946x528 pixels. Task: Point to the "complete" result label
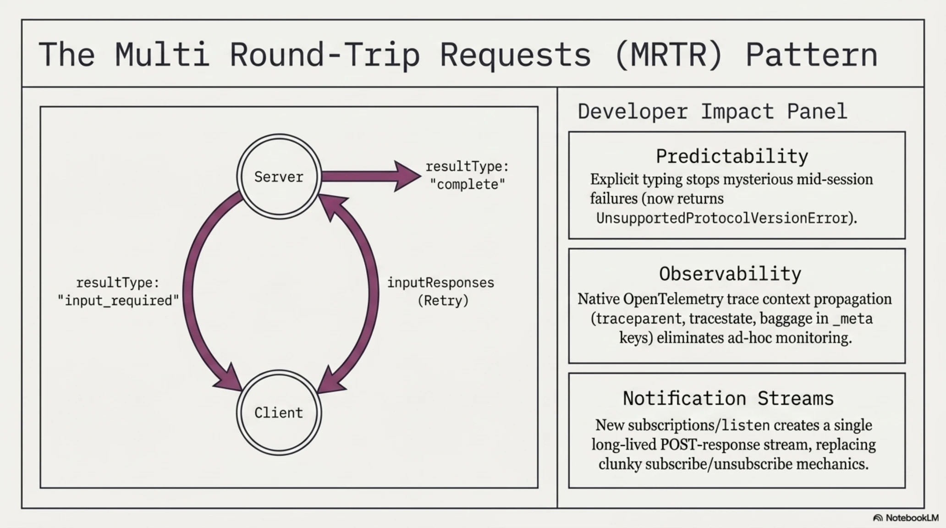[467, 184]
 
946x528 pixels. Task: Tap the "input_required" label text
[118, 301]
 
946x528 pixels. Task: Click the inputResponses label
[440, 282]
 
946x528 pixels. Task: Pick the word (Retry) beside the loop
[443, 301]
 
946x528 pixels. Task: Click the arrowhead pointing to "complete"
[407, 176]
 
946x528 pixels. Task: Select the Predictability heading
[732, 156]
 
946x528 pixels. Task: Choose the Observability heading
[730, 274]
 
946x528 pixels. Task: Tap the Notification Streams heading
[728, 398]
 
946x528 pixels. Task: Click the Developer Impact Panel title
[712, 111]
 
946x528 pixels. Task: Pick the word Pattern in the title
[811, 55]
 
